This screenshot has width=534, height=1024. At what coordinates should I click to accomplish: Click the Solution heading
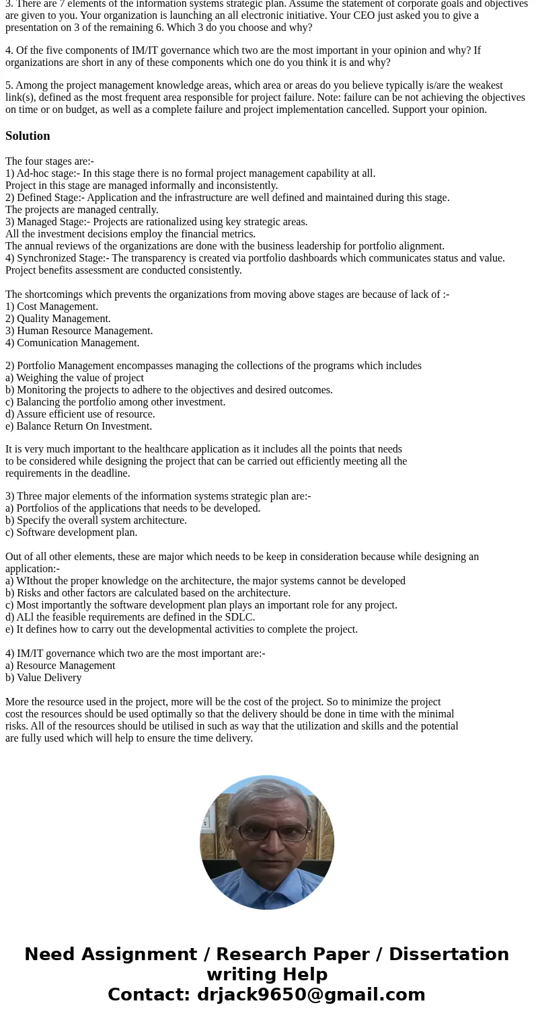pyautogui.click(x=28, y=136)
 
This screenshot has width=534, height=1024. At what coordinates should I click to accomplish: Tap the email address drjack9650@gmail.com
pyautogui.click(x=311, y=994)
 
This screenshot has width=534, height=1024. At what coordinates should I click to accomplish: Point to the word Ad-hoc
pyautogui.click(x=34, y=173)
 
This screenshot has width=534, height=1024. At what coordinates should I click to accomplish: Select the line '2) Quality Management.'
pyautogui.click(x=58, y=319)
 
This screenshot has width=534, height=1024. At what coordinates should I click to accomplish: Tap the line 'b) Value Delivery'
pyautogui.click(x=44, y=678)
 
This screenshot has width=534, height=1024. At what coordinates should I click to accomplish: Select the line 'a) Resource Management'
pyautogui.click(x=61, y=666)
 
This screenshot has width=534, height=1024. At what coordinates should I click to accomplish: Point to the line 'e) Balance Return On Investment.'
pyautogui.click(x=79, y=426)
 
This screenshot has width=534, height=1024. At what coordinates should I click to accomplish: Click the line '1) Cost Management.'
pyautogui.click(x=52, y=307)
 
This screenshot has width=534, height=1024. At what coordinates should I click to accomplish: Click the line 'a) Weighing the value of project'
pyautogui.click(x=75, y=378)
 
